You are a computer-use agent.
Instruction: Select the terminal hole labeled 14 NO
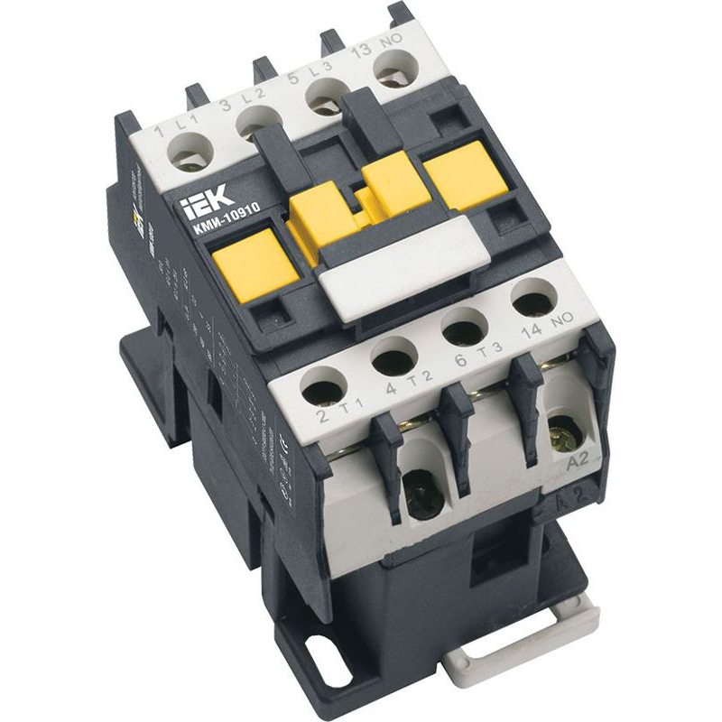[x=530, y=298]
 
